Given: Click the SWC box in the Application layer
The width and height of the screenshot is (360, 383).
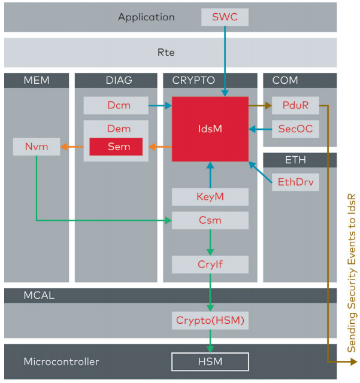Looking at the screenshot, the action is click(x=225, y=17).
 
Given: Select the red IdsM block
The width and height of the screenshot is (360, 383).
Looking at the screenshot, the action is click(x=210, y=129).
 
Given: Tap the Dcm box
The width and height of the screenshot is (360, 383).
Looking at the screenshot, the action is click(x=116, y=105).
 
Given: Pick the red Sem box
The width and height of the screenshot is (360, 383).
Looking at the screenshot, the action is click(x=116, y=147).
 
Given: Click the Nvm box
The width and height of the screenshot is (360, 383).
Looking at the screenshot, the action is click(x=37, y=147).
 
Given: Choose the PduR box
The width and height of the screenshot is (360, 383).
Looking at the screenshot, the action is click(x=295, y=105).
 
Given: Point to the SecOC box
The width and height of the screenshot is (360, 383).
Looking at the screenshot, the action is click(x=295, y=129).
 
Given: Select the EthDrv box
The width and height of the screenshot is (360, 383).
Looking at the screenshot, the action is click(x=295, y=182).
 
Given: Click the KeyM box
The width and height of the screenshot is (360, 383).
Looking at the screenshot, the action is click(x=210, y=197).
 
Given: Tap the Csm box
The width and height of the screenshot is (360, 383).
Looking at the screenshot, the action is click(x=210, y=220).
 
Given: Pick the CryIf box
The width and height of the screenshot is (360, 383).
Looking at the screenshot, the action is click(x=210, y=265).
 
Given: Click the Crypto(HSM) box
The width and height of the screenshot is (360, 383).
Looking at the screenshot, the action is click(x=210, y=320).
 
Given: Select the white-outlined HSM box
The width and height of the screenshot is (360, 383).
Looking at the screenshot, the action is click(x=210, y=361).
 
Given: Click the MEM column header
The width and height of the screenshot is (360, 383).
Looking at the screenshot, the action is click(x=37, y=80).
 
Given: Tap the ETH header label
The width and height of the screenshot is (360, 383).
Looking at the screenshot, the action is click(x=295, y=160).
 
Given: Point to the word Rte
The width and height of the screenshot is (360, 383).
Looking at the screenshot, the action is click(x=166, y=52).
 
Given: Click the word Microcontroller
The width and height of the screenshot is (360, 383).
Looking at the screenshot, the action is click(x=61, y=361).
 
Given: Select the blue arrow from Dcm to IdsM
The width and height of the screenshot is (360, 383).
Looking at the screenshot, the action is click(x=160, y=105).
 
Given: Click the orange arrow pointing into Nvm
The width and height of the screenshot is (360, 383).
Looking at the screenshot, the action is click(x=72, y=147).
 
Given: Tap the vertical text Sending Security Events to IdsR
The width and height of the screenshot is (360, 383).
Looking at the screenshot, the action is click(x=352, y=273).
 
